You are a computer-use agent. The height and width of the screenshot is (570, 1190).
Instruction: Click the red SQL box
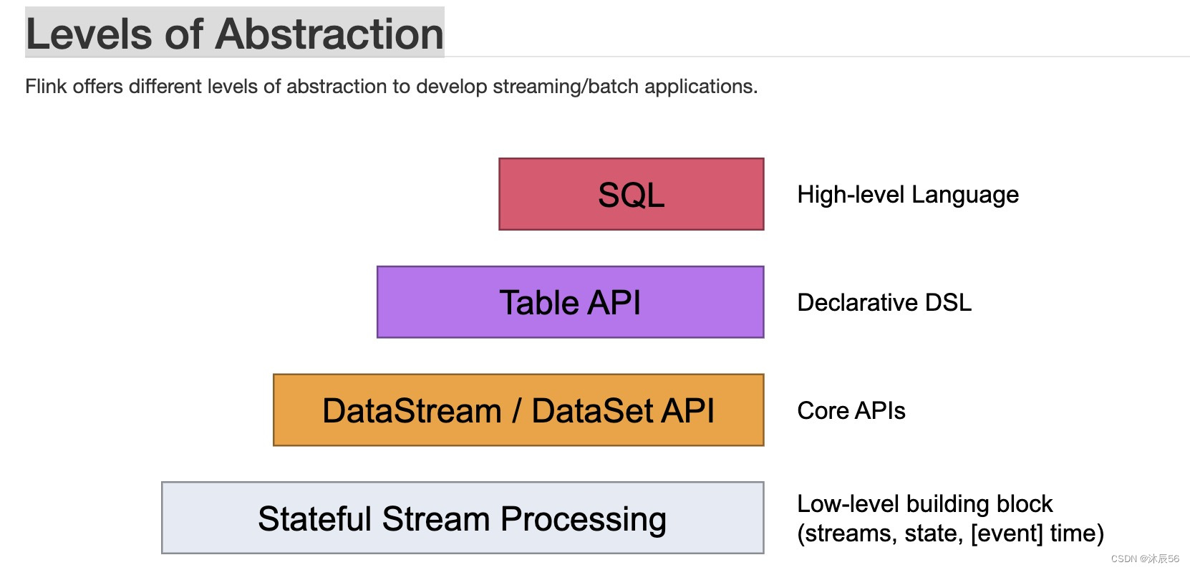pos(631,194)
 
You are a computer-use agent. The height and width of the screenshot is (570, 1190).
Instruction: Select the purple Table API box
pos(570,302)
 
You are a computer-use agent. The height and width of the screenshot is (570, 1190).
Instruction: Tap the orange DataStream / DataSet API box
pos(518,410)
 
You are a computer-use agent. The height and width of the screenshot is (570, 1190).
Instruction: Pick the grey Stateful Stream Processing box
pos(463,518)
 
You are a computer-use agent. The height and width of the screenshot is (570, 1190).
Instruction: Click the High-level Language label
pos(907,195)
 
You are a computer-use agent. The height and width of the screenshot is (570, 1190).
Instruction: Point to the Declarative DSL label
pos(884,302)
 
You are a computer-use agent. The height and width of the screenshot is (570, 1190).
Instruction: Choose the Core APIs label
pos(851,411)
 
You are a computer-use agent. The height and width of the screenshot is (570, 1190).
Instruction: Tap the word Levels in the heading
pos(89,34)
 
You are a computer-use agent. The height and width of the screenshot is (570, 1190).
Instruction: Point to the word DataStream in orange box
pos(412,411)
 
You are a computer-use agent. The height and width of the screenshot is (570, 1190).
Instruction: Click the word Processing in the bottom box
pos(583,519)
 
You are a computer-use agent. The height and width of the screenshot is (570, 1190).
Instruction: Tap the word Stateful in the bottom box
pos(315,519)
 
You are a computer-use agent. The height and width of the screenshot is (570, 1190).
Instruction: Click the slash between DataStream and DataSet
pos(516,411)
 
